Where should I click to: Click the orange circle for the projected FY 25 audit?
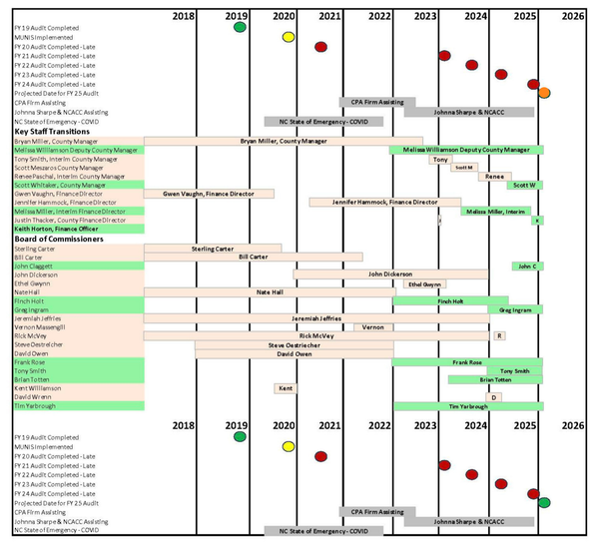pos(544,93)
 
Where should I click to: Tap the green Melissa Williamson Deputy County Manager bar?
pos(466,150)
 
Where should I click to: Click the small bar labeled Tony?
pos(440,159)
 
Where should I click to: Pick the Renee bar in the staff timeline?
pos(492,177)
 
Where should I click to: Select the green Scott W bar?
pos(525,185)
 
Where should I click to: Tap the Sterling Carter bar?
pos(213,248)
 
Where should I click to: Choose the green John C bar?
pos(526,266)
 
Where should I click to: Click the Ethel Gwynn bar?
pos(424,283)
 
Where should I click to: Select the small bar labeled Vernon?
pos(372,327)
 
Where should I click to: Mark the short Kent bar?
pos(286,387)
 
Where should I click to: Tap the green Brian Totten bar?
pos(495,379)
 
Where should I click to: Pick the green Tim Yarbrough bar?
pos(467,406)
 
